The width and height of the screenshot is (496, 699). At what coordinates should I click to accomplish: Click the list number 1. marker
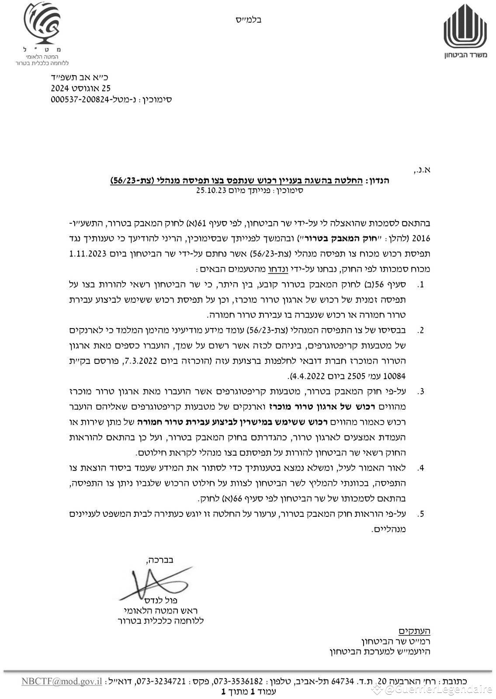421,285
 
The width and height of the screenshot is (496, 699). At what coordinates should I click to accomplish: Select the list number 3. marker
421,391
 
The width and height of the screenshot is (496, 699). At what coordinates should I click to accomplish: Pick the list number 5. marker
421,514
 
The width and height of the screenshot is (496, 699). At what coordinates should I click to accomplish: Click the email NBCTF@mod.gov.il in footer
62,681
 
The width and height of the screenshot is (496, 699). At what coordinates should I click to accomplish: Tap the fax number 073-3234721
161,681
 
